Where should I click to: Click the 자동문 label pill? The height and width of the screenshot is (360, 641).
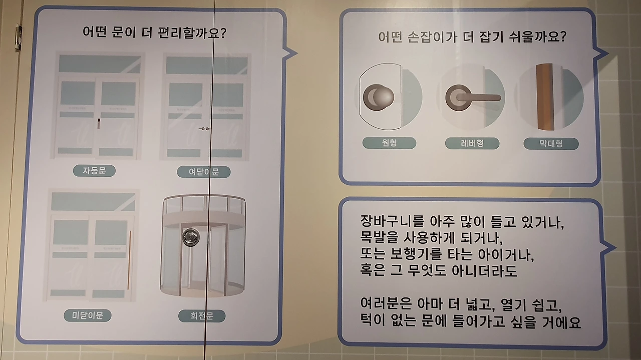[95, 171]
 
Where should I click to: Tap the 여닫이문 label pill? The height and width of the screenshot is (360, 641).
[204, 172]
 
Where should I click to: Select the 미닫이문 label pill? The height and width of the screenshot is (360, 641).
[88, 315]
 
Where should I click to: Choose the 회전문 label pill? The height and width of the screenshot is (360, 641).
[202, 316]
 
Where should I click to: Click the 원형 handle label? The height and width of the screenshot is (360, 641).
[389, 143]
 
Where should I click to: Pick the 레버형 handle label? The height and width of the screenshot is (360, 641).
[472, 143]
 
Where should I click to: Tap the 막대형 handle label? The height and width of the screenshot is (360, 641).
[551, 144]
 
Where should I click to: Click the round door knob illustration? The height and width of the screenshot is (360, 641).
[379, 97]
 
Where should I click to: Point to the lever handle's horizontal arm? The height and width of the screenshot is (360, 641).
[478, 98]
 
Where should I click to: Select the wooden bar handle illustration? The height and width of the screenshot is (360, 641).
[545, 97]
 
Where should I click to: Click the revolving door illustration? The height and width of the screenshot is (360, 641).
[203, 246]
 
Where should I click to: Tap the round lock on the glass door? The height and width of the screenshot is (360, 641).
[191, 237]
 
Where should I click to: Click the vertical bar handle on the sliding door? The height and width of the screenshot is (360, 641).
[129, 259]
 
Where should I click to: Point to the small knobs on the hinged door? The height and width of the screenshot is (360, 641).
[205, 129]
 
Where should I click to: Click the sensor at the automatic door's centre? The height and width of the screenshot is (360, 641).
[99, 123]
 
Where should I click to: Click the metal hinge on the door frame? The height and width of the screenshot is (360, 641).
[19, 37]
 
